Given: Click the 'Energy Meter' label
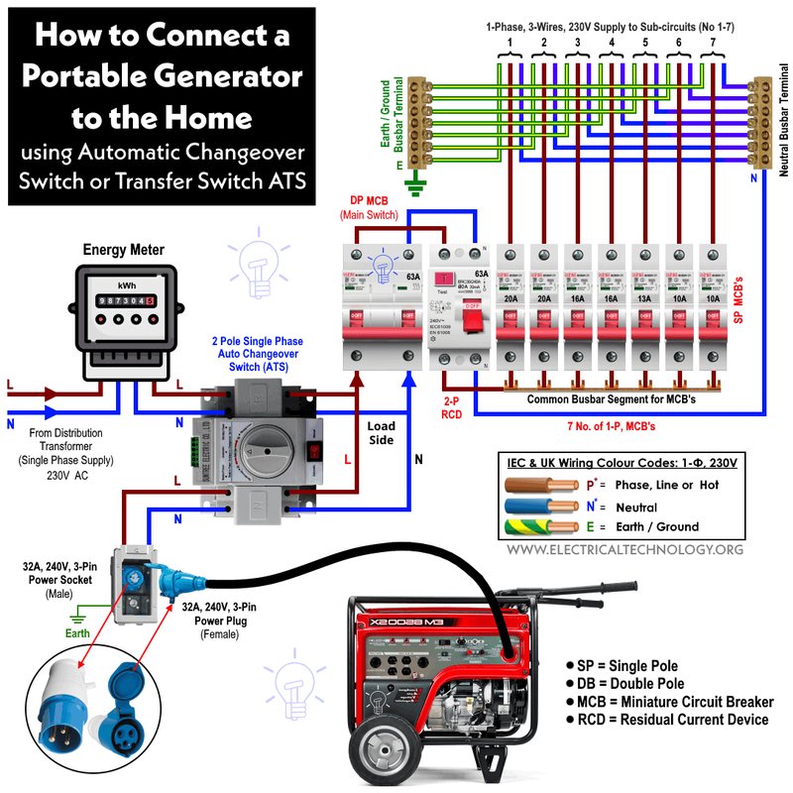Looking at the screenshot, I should [x=123, y=250].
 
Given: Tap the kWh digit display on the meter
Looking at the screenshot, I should [x=118, y=298].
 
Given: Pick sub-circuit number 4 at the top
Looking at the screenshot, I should [x=612, y=45].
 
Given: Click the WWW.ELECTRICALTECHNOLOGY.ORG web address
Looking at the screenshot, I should [x=624, y=548].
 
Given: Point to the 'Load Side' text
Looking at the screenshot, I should [x=381, y=434].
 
